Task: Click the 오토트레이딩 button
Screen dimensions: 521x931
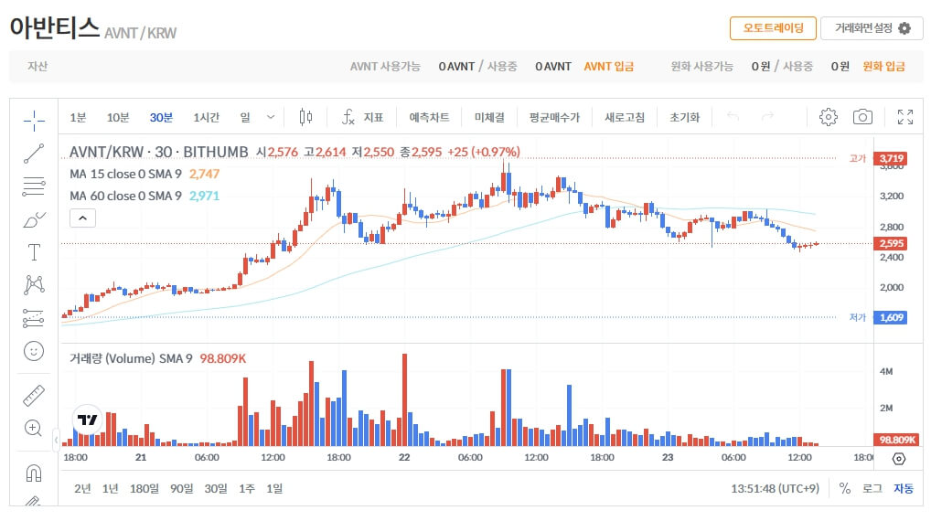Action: click(773, 28)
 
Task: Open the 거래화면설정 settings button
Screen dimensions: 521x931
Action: click(872, 28)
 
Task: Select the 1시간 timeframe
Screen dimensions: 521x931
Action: click(206, 117)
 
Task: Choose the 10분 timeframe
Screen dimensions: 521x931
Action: click(118, 117)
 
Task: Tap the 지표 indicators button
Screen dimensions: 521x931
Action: click(363, 117)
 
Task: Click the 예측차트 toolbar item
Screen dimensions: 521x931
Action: click(429, 117)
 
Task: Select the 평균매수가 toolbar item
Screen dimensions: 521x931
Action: click(553, 117)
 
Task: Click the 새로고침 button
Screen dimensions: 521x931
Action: click(625, 117)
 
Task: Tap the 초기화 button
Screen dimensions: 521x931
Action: click(684, 117)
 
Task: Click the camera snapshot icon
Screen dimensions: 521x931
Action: click(862, 117)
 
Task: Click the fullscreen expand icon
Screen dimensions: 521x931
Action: click(905, 117)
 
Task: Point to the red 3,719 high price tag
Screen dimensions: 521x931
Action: click(891, 158)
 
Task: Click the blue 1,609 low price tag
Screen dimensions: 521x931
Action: click(891, 317)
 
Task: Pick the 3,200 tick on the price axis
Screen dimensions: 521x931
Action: click(891, 196)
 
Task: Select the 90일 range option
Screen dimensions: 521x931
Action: click(181, 488)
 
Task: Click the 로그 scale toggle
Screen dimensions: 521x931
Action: click(872, 488)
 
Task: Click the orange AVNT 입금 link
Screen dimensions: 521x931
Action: click(608, 66)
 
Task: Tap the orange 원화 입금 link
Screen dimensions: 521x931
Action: click(883, 66)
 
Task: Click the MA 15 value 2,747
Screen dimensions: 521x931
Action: click(204, 174)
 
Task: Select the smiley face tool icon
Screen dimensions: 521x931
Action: click(34, 350)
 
